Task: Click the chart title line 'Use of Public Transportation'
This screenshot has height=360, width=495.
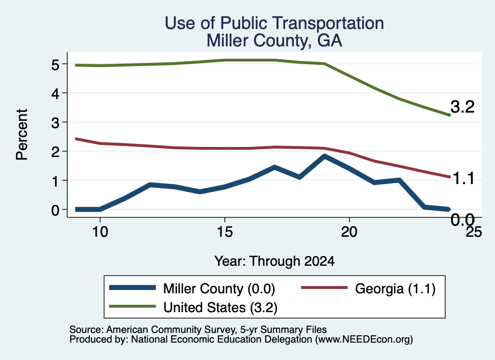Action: click(275, 23)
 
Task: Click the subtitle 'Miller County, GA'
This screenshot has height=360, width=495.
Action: click(275, 41)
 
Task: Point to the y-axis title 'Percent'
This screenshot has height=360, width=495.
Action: click(22, 135)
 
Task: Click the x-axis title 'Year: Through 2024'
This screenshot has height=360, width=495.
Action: click(275, 261)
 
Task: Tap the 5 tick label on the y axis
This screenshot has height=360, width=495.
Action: click(55, 64)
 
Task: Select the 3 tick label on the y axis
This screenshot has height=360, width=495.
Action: click(55, 122)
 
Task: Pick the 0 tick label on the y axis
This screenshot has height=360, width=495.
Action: click(55, 210)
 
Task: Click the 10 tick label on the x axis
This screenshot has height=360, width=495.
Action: click(100, 232)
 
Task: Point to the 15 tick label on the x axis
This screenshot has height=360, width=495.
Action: click(224, 232)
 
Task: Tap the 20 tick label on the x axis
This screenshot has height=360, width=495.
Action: click(349, 232)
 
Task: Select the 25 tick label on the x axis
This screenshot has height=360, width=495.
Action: click(474, 232)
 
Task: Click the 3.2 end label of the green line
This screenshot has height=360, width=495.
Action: click(463, 107)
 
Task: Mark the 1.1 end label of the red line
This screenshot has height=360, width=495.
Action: click(463, 179)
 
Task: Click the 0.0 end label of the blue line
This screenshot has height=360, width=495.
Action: click(463, 220)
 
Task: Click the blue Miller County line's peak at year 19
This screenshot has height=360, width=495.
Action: click(324, 156)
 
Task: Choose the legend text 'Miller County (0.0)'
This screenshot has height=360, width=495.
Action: click(219, 288)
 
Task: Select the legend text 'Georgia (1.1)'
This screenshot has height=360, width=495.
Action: click(395, 288)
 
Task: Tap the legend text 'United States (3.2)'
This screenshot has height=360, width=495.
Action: click(220, 307)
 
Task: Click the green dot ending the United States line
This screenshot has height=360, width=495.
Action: click(449, 115)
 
